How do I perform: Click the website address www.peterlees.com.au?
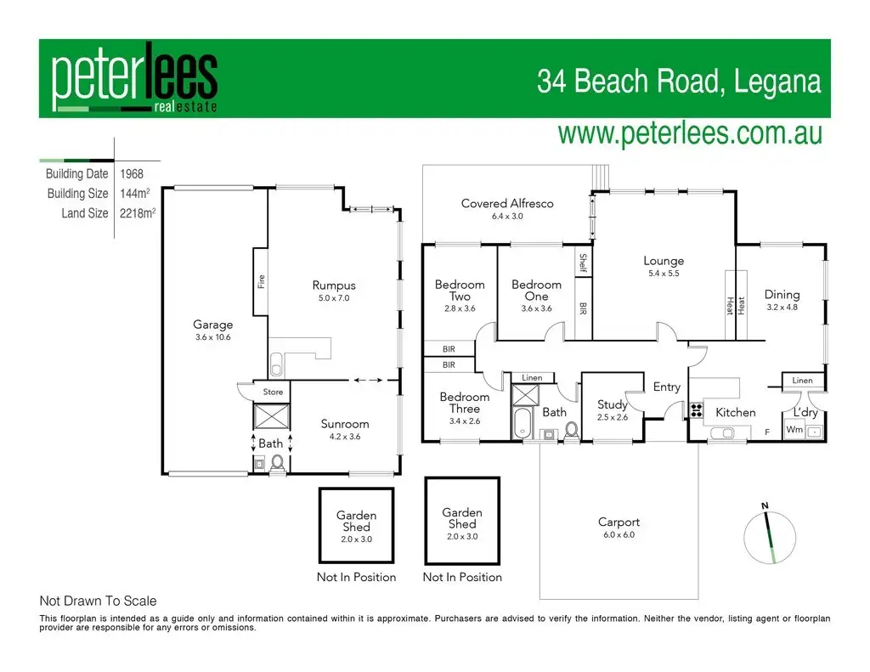[689, 134]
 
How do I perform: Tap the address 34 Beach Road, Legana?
[679, 82]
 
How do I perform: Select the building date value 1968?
[132, 174]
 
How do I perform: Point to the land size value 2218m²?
[136, 213]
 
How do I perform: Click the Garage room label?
[212, 325]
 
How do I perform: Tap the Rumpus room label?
[333, 285]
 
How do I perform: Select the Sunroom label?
[344, 424]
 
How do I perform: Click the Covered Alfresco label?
[507, 203]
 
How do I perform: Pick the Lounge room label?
[663, 261]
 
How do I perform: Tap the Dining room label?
[782, 295]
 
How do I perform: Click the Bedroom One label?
[536, 290]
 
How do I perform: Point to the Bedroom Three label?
[464, 403]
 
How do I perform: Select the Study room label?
[612, 404]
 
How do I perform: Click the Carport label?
[619, 522]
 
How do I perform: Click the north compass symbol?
[771, 535]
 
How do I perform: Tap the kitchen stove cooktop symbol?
[697, 411]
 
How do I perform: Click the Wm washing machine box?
[794, 430]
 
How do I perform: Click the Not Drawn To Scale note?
[98, 601]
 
